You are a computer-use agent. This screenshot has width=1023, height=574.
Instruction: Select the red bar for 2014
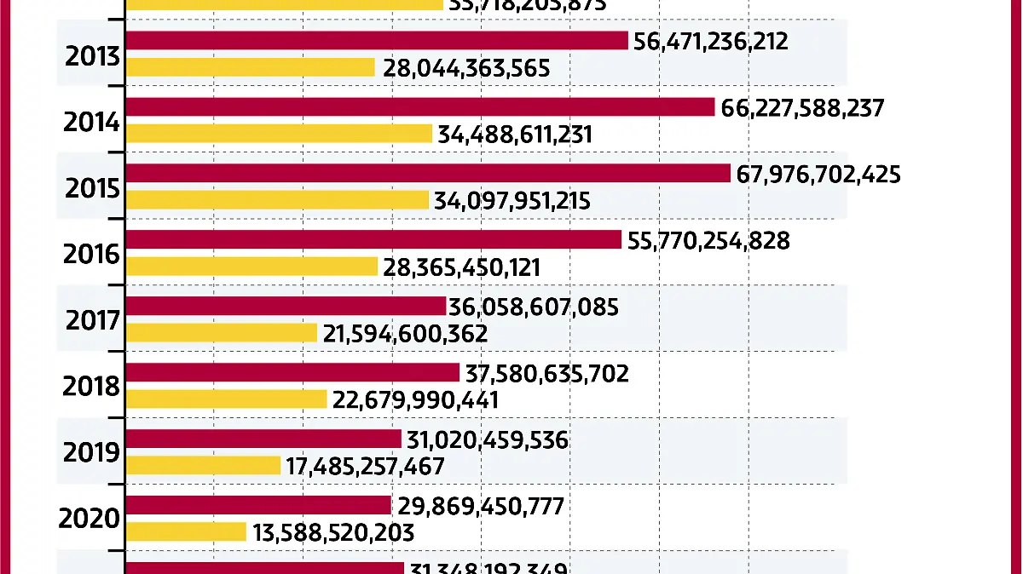(419, 107)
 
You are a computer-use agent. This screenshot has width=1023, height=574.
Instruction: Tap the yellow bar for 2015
(277, 200)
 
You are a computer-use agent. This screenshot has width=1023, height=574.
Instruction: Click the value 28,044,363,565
(466, 68)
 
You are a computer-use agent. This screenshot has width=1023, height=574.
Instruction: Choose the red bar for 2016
(373, 240)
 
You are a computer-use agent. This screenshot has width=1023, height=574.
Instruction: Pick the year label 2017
(91, 320)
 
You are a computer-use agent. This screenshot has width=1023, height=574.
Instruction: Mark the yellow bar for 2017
(222, 333)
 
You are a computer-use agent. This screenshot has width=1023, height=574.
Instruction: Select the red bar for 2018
(292, 373)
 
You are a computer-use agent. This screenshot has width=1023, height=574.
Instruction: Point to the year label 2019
(91, 452)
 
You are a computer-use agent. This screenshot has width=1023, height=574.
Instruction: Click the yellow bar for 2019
(203, 466)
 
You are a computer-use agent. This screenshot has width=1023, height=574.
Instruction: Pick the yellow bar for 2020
(186, 532)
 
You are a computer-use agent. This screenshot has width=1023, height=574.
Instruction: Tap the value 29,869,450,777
(481, 507)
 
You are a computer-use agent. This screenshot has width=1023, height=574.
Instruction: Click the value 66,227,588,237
(802, 108)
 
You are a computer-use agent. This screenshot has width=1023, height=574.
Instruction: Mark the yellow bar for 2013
(251, 67)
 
